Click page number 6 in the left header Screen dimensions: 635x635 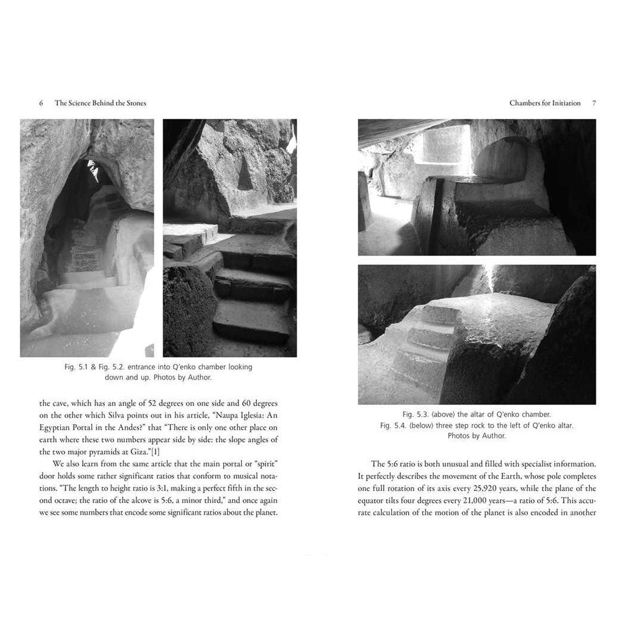coord(41,104)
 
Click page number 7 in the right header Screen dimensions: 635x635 coord(593,104)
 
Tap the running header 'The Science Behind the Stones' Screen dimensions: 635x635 coord(100,104)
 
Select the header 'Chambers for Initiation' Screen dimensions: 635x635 coord(545,104)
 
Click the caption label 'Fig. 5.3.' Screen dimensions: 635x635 coord(415,414)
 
